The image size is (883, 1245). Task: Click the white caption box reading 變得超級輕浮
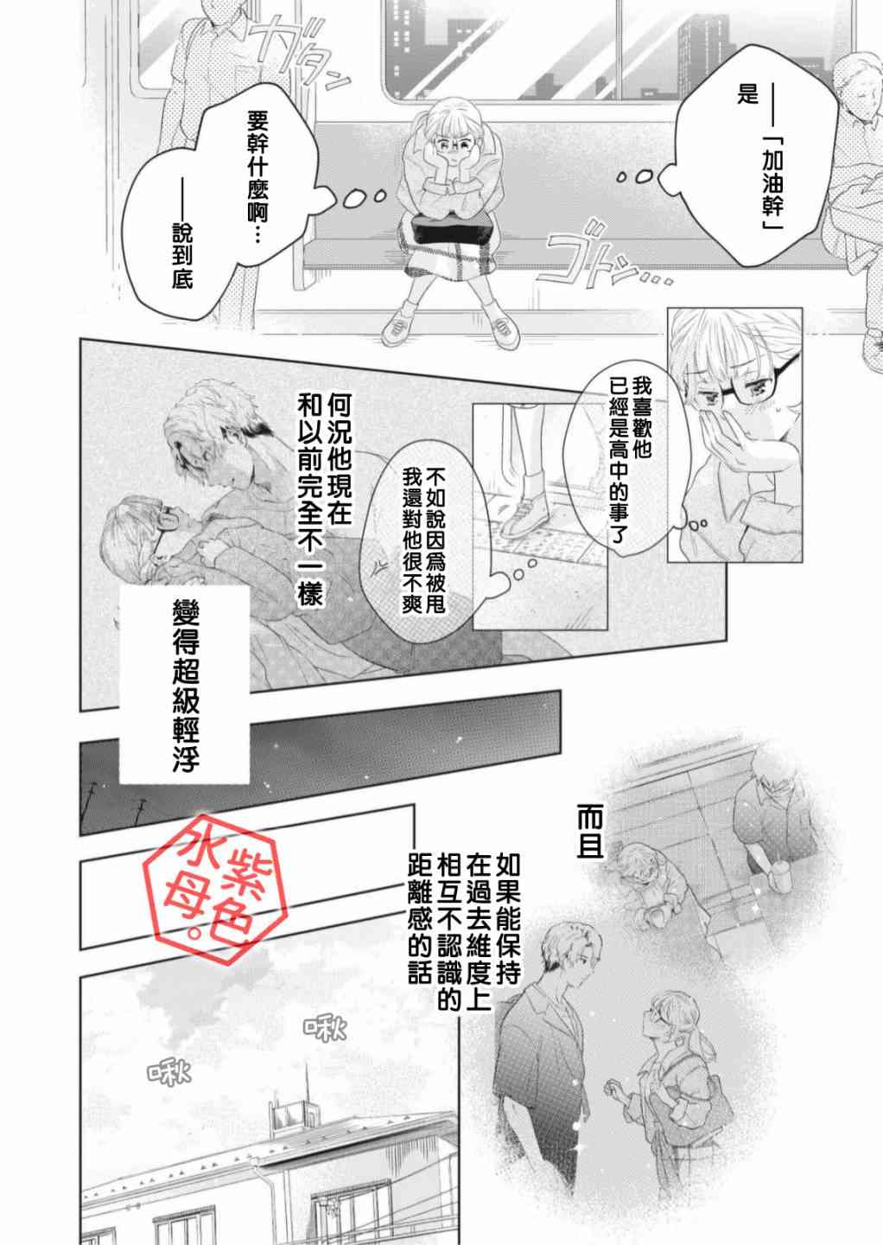(x=184, y=685)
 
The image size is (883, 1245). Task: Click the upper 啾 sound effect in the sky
(x=325, y=1028)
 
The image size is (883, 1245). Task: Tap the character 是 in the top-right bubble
(x=747, y=94)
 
